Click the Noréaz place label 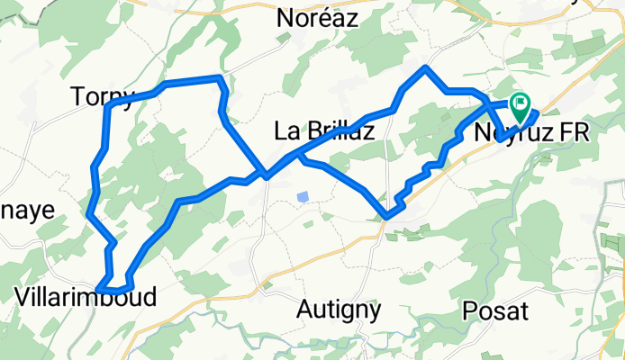(x=316, y=19)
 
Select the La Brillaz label (x=323, y=131)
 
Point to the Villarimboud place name (x=86, y=297)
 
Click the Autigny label (x=339, y=310)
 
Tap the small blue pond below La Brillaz (x=303, y=196)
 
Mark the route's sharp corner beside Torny (x=108, y=107)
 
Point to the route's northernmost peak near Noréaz (x=426, y=68)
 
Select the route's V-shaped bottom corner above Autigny (x=387, y=216)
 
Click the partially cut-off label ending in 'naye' (x=27, y=210)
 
